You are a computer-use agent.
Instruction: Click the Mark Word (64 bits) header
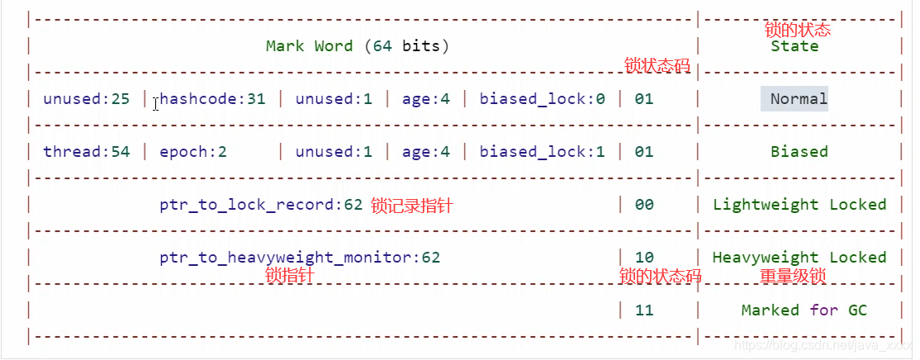pos(357,46)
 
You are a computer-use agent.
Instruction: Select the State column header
pos(794,46)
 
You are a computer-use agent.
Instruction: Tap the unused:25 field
pos(86,99)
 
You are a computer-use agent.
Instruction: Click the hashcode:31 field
pos(212,99)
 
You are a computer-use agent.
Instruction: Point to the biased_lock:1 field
pos(542,152)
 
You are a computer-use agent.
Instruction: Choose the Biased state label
pos(799,152)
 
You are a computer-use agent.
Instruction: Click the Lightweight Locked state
pos(799,205)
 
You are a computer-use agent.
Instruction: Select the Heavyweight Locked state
pos(799,258)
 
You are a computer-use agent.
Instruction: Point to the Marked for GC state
pos(804,310)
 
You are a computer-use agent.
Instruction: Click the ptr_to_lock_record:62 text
pos(261,205)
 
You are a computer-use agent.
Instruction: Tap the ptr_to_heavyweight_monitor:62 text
pos(300,258)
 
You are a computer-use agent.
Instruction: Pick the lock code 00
pos(644,205)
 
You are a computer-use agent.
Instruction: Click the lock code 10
pos(644,258)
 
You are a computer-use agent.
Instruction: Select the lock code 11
pos(644,310)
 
